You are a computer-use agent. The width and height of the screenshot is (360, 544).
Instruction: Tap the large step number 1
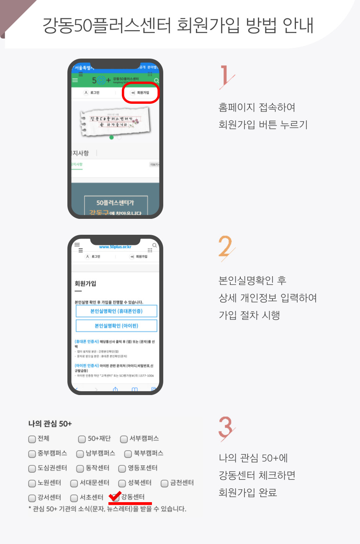[226, 77]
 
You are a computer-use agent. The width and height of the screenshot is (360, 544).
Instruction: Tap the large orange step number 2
[226, 248]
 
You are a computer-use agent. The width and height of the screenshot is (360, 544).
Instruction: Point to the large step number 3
[226, 428]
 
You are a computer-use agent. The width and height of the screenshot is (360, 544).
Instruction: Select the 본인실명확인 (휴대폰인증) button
[116, 311]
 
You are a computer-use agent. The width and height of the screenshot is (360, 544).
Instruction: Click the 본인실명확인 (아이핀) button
[116, 326]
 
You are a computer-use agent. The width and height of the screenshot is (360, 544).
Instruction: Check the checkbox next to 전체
[32, 439]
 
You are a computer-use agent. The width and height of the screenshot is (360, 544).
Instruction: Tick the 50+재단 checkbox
[82, 439]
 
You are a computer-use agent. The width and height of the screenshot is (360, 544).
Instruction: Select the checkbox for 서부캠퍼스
[124, 439]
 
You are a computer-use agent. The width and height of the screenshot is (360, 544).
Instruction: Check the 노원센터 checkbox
[32, 483]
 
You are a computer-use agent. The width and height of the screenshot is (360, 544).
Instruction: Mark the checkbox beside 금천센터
[165, 483]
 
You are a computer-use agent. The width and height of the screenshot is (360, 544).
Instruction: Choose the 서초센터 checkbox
[74, 498]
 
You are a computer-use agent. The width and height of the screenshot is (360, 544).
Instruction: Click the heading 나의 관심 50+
[50, 423]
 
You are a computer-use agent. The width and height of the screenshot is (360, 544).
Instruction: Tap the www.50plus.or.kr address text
[115, 247]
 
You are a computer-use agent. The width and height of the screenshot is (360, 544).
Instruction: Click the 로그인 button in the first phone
[92, 92]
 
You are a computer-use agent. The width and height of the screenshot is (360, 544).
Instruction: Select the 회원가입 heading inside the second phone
[85, 283]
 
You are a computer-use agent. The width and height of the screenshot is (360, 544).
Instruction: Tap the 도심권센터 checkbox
[32, 468]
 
